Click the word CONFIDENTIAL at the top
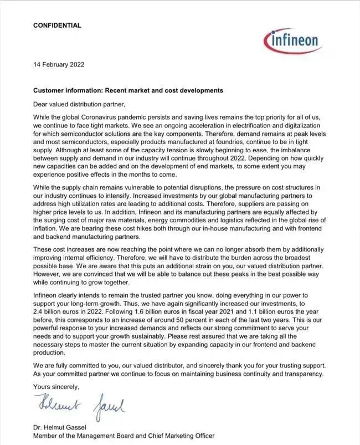[57, 25]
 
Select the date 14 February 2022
[59, 64]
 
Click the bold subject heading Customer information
[128, 90]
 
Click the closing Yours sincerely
[56, 386]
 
